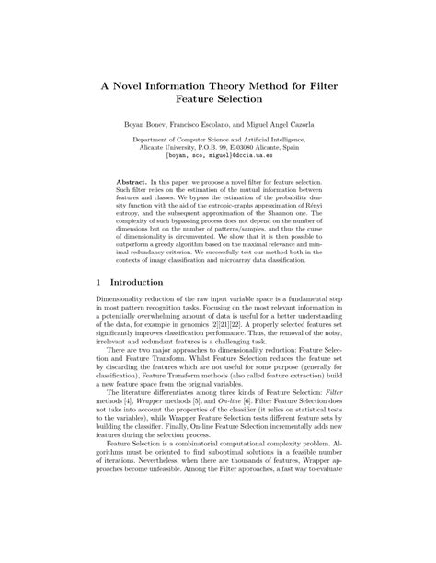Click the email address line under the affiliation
click(218, 157)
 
